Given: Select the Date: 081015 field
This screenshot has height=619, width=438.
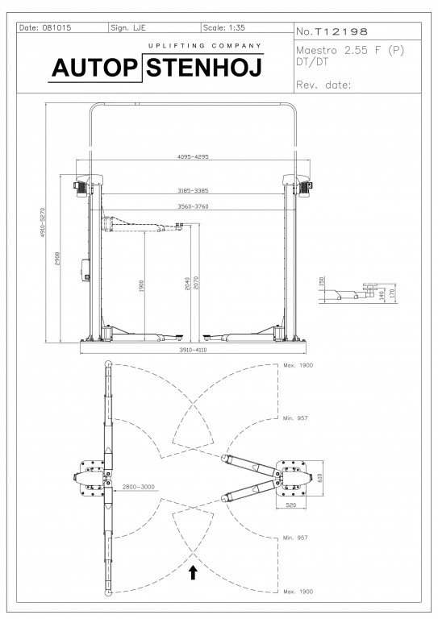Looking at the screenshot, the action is pyautogui.click(x=45, y=27).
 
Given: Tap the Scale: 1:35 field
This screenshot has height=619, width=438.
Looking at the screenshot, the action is pyautogui.click(x=223, y=27).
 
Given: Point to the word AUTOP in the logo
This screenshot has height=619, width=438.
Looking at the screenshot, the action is pyautogui.click(x=94, y=68).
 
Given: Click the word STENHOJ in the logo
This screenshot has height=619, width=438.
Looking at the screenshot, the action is pyautogui.click(x=204, y=68).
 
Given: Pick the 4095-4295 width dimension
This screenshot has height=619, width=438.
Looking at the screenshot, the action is pyautogui.click(x=193, y=156).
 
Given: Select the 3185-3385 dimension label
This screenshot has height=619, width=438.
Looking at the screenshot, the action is pyautogui.click(x=193, y=191).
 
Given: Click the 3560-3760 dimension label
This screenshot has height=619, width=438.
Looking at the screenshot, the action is pyautogui.click(x=193, y=206).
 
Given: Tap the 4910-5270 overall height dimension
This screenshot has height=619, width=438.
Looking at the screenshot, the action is pyautogui.click(x=43, y=222).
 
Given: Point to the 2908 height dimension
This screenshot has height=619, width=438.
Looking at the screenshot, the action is pyautogui.click(x=57, y=259).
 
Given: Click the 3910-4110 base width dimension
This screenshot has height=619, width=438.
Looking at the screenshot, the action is pyautogui.click(x=193, y=350).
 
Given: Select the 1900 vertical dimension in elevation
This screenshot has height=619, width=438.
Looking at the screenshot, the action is pyautogui.click(x=142, y=286).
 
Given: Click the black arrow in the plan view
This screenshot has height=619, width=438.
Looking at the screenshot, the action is pyautogui.click(x=193, y=572).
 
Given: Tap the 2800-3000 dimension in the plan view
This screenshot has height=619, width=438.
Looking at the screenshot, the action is pyautogui.click(x=138, y=487).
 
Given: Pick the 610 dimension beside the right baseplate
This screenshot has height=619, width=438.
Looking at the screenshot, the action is pyautogui.click(x=320, y=478).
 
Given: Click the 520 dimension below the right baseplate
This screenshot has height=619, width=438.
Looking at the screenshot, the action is pyautogui.click(x=290, y=505).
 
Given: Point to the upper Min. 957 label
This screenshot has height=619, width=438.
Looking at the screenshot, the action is pyautogui.click(x=295, y=418).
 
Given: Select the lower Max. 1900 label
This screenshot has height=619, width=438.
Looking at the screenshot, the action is pyautogui.click(x=298, y=592).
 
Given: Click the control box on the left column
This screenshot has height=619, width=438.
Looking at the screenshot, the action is pyautogui.click(x=86, y=270).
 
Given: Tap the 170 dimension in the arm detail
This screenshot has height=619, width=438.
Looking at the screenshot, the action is pyautogui.click(x=392, y=293).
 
